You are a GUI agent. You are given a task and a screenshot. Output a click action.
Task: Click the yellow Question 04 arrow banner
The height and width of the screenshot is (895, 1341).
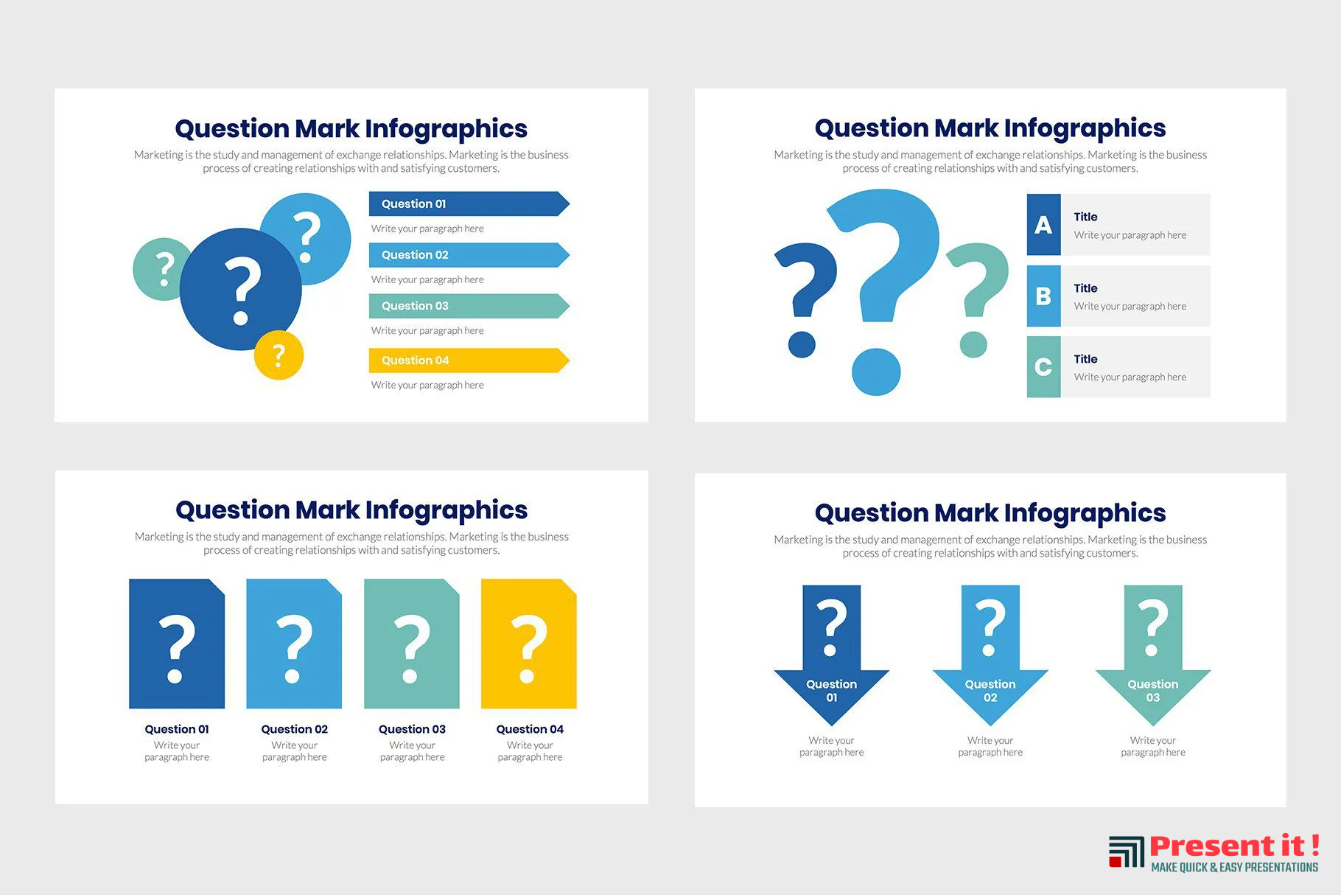click(469, 361)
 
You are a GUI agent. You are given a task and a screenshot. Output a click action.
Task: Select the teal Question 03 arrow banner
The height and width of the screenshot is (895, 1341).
click(469, 306)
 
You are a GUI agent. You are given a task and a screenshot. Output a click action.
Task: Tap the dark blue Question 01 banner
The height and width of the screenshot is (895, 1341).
click(469, 204)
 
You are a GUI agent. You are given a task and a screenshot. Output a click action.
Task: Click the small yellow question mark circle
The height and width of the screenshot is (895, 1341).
click(279, 355)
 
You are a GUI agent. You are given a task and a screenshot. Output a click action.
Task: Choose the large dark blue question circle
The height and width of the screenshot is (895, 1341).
click(241, 289)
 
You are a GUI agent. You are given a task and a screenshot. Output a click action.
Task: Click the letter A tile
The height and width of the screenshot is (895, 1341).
click(1043, 225)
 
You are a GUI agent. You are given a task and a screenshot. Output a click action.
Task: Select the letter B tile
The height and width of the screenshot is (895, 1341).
click(1043, 296)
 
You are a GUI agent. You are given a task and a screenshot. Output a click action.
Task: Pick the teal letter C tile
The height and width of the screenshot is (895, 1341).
click(1043, 367)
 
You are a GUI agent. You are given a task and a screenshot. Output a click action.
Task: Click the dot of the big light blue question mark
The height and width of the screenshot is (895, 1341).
click(876, 372)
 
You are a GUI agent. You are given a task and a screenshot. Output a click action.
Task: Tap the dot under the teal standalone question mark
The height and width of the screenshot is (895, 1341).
click(973, 344)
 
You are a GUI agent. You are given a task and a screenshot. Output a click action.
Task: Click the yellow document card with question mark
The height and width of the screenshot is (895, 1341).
click(529, 644)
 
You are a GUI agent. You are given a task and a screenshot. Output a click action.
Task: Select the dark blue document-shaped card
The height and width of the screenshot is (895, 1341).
click(177, 644)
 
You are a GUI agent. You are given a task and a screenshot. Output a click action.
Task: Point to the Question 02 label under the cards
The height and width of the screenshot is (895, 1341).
click(295, 729)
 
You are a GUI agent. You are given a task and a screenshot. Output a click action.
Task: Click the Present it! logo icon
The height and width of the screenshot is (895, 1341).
click(1127, 852)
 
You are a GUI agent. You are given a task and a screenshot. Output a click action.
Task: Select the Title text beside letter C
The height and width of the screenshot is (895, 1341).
click(1085, 359)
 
